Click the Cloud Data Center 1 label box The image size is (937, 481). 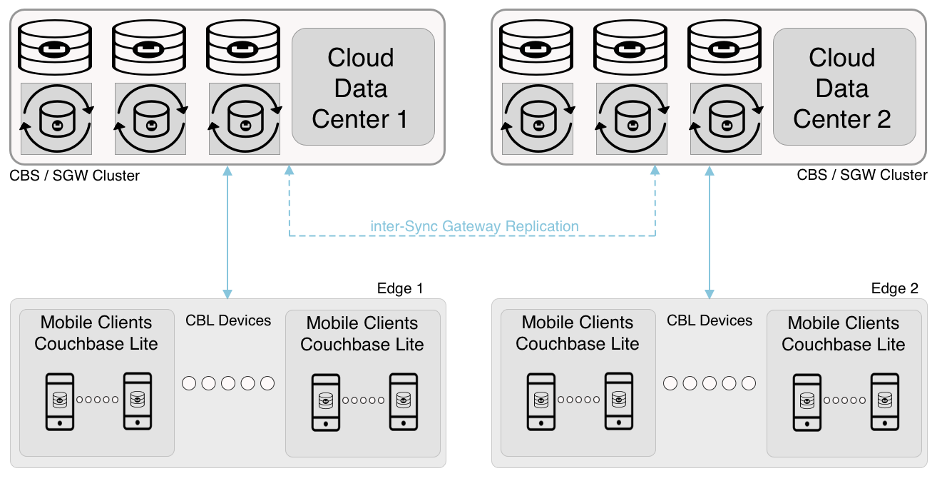coord(363,87)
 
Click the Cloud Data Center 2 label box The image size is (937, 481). coord(844,87)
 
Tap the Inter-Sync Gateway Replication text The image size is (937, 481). coord(474,226)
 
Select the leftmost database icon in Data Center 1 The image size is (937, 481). coord(56,46)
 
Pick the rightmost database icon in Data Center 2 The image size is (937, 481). coord(724,46)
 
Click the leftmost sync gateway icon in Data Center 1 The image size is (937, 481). coord(56,118)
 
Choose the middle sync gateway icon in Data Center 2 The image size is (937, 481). coord(632,118)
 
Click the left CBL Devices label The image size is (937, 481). coord(228,320)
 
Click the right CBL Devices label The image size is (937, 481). coord(710,320)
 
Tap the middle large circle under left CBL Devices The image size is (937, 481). coord(228,383)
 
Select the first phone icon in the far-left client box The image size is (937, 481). coord(60,401)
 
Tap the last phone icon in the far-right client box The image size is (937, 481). coord(885,401)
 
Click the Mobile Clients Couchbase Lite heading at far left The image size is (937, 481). coord(96,333)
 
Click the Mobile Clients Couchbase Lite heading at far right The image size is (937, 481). coord(843,333)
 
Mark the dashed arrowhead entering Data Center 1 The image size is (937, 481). coord(289,171)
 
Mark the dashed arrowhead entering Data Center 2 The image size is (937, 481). coord(655,171)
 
